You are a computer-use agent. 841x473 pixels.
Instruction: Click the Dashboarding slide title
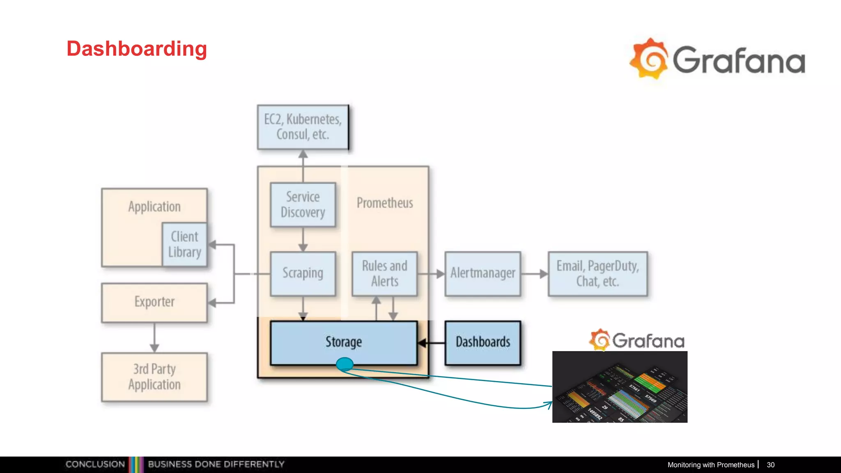tap(137, 49)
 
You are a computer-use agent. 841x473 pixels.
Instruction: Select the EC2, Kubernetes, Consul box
tap(303, 127)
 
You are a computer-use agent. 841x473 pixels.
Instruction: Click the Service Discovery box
tap(303, 204)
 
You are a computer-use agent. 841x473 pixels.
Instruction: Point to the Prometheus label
tap(385, 203)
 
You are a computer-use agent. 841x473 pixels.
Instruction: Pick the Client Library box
tap(184, 244)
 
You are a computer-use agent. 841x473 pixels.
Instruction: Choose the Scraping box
tap(303, 273)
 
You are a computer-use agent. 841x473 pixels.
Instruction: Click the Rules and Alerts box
tap(385, 273)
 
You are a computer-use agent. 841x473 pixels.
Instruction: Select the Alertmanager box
tap(483, 273)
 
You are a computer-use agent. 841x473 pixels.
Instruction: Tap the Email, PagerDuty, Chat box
tap(598, 273)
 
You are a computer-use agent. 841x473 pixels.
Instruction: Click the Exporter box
tap(154, 302)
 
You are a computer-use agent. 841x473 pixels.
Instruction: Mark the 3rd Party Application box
tap(154, 377)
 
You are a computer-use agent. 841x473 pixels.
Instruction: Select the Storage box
tap(344, 342)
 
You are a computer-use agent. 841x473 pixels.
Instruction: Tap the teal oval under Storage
tap(345, 364)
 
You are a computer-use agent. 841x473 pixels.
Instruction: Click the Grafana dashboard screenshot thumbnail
tap(620, 387)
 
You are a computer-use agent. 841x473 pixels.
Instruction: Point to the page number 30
tap(770, 465)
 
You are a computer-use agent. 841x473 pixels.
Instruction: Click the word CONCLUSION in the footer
tap(95, 464)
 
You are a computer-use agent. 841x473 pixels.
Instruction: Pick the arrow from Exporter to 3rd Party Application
tap(154, 337)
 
